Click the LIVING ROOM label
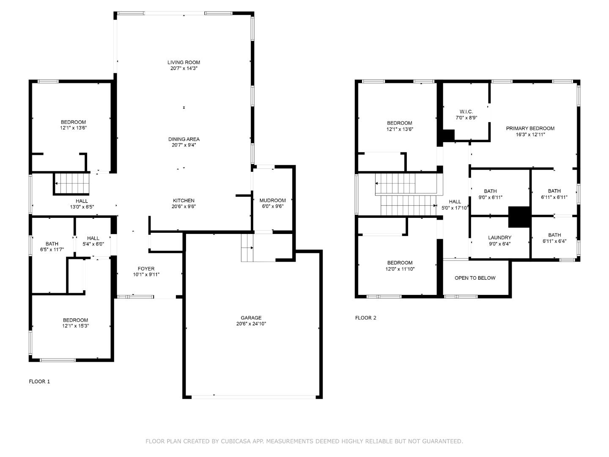coord(184,62)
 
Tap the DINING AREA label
coord(184,139)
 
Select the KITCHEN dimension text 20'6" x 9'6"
coord(184,206)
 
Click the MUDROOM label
coord(272,200)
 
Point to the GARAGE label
coord(251,318)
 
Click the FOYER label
coord(146,269)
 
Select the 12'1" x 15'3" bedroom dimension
coord(75,326)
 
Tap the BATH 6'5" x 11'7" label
coord(52,244)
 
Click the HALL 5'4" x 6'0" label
coord(93,238)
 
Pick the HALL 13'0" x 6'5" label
coord(82,201)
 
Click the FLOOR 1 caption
coord(39,381)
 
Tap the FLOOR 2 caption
coord(365,318)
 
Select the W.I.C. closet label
coord(466,112)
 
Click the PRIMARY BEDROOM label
coord(530,128)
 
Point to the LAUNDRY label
coord(499,238)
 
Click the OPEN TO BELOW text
coord(475,278)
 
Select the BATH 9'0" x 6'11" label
coord(490,191)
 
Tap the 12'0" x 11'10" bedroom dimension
coord(400,269)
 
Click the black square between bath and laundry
coord(519,217)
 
